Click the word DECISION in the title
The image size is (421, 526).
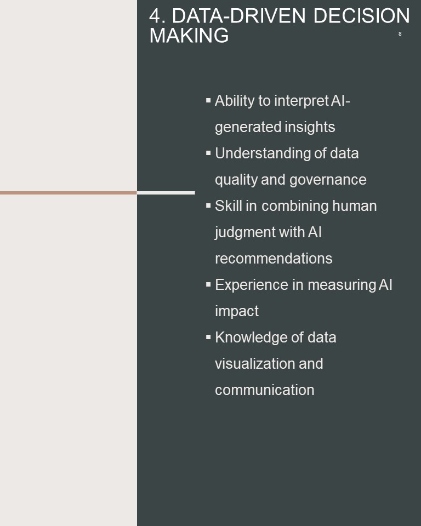[x=361, y=15]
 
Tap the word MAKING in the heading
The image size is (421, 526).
[x=189, y=35]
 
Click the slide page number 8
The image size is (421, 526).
[x=400, y=33]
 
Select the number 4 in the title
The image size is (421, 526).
[x=155, y=16]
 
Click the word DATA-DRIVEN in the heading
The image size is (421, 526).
[x=238, y=15]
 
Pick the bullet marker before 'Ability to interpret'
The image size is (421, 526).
[x=208, y=100]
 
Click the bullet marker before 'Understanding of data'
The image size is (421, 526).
[x=208, y=153]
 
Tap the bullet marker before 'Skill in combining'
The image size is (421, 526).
[x=208, y=205]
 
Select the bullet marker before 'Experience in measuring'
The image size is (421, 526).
[x=208, y=284]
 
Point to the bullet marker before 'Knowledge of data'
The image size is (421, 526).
[x=208, y=337]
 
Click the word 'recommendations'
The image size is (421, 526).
[x=274, y=259]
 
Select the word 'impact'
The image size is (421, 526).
[x=237, y=311]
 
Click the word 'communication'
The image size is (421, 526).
[x=265, y=390]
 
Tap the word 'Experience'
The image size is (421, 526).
[x=252, y=285]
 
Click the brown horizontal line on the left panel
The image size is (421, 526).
[x=69, y=193]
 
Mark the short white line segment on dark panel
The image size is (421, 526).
[x=166, y=193]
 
